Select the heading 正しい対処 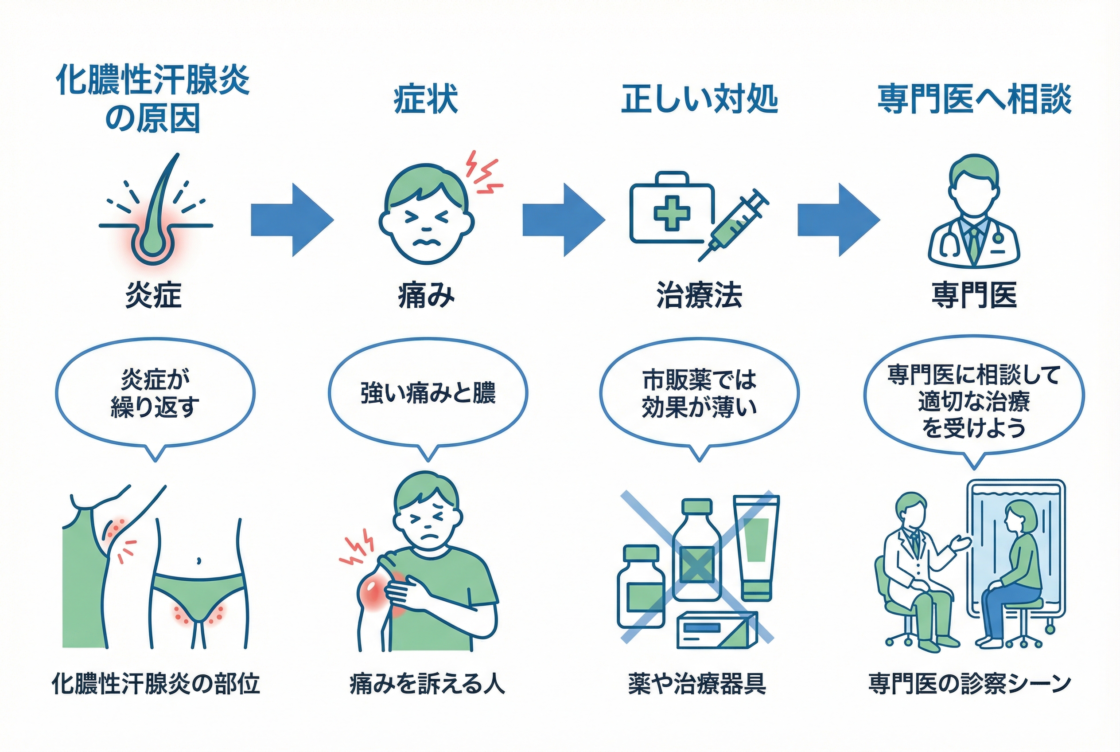click(699, 99)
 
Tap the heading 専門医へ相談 click(974, 99)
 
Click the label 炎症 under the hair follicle click(153, 295)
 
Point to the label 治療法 click(699, 295)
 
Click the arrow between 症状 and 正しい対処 click(563, 219)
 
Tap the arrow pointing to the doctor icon click(838, 219)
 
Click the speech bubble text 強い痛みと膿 click(428, 393)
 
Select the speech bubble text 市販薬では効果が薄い click(699, 393)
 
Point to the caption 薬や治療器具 click(697, 684)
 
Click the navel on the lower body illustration click(199, 560)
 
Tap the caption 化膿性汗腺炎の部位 click(156, 684)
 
